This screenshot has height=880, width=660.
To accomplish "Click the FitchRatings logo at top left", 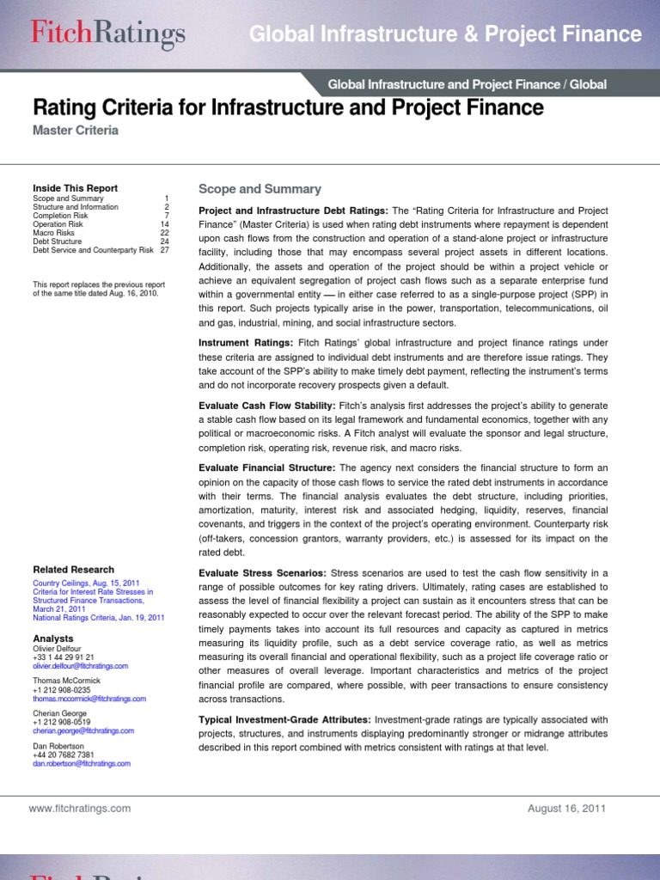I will (107, 34).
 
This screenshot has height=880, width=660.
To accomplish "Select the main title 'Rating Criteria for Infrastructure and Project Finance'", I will (288, 107).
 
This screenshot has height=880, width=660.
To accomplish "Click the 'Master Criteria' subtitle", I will (76, 131).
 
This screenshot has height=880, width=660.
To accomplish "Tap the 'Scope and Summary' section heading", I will (260, 189).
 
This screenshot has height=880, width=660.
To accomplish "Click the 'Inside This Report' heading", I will (75, 188).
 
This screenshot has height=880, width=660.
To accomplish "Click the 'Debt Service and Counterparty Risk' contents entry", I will (93, 250).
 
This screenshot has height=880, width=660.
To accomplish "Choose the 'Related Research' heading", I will (73, 570).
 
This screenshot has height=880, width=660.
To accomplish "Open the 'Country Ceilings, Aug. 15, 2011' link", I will (85, 584).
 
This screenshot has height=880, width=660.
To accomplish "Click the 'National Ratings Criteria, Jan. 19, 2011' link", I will (98, 618).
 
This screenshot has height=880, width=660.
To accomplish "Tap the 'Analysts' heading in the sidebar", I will (53, 639).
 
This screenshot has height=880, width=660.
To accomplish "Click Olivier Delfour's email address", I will (80, 665).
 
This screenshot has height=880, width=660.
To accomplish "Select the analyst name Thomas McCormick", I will (66, 681).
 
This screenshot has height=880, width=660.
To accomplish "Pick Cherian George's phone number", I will (63, 723).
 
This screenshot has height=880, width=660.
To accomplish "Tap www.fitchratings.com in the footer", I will (79, 808).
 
